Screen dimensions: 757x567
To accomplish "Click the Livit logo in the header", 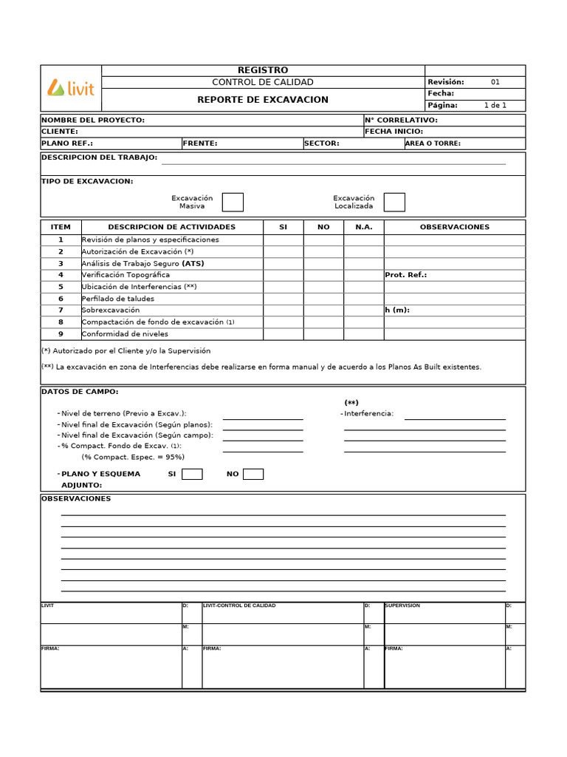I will coord(71,89).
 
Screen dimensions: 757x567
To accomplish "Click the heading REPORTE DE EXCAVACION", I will coord(263,100).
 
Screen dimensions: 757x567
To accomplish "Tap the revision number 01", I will coord(495,82).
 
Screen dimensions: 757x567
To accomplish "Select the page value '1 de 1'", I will coord(495,106).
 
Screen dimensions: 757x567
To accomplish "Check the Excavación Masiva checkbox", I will coord(233,202).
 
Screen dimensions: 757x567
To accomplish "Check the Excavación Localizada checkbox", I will coord(394,202).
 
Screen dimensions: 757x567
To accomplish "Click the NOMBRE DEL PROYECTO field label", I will coord(93,120).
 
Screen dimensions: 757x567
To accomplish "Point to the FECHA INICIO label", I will coord(394,132).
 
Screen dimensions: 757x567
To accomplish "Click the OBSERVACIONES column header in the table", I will coord(455,227).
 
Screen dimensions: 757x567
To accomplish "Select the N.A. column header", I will coord(364,227).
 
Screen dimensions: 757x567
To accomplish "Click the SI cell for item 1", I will coord(283,240).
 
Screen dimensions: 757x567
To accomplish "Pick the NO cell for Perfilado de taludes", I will coord(323,299).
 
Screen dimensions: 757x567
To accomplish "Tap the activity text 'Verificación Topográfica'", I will coord(126,275).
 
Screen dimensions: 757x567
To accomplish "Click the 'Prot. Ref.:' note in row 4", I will coord(406,275).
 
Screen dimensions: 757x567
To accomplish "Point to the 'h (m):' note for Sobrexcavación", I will coord(397,310).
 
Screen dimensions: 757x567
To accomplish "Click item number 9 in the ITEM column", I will coord(61,334).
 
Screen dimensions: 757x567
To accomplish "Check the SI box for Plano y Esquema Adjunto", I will coord(192,474).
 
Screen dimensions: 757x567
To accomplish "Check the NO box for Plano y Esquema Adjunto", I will coord(252,474).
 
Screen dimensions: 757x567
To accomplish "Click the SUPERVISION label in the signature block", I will coord(402,605).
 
